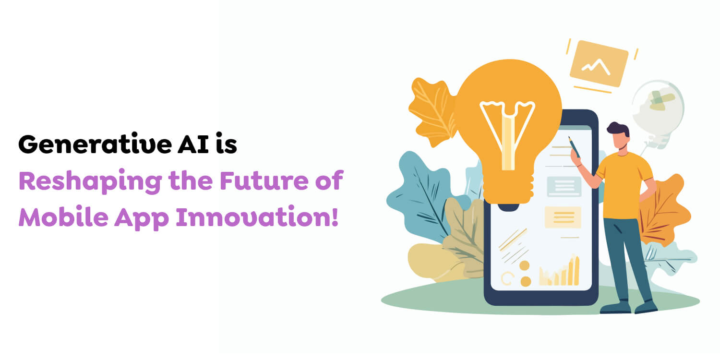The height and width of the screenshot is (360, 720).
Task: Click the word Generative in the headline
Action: pyautogui.click(x=95, y=144)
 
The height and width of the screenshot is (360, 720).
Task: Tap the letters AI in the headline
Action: pyautogui.click(x=193, y=144)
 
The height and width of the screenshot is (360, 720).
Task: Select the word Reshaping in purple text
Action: pyautogui.click(x=90, y=181)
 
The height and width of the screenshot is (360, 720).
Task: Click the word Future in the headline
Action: pyautogui.click(x=264, y=180)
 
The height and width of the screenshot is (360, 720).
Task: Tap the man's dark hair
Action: pyautogui.click(x=618, y=129)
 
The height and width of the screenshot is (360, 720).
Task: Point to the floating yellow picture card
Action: pyautogui.click(x=599, y=64)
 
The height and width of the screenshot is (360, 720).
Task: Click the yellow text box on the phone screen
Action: pyautogui.click(x=563, y=217)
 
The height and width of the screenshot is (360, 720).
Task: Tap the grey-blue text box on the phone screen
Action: pyautogui.click(x=564, y=186)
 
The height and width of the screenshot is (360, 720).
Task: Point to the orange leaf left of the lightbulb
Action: pyautogui.click(x=432, y=111)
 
